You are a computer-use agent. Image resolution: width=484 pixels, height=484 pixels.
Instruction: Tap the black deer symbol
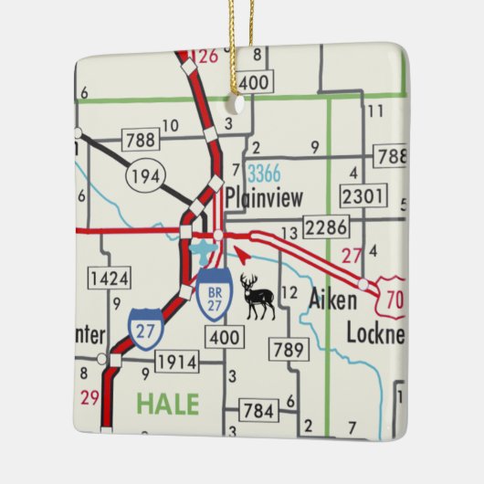[257, 297]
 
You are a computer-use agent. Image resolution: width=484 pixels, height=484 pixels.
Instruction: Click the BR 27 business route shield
[215, 296]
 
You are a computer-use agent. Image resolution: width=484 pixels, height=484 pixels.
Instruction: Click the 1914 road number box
[176, 363]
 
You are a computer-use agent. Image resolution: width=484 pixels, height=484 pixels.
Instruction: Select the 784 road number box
[258, 410]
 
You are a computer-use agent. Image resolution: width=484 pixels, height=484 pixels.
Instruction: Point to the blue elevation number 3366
[264, 172]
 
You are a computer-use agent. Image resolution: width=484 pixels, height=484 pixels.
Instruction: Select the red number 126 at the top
[207, 56]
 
